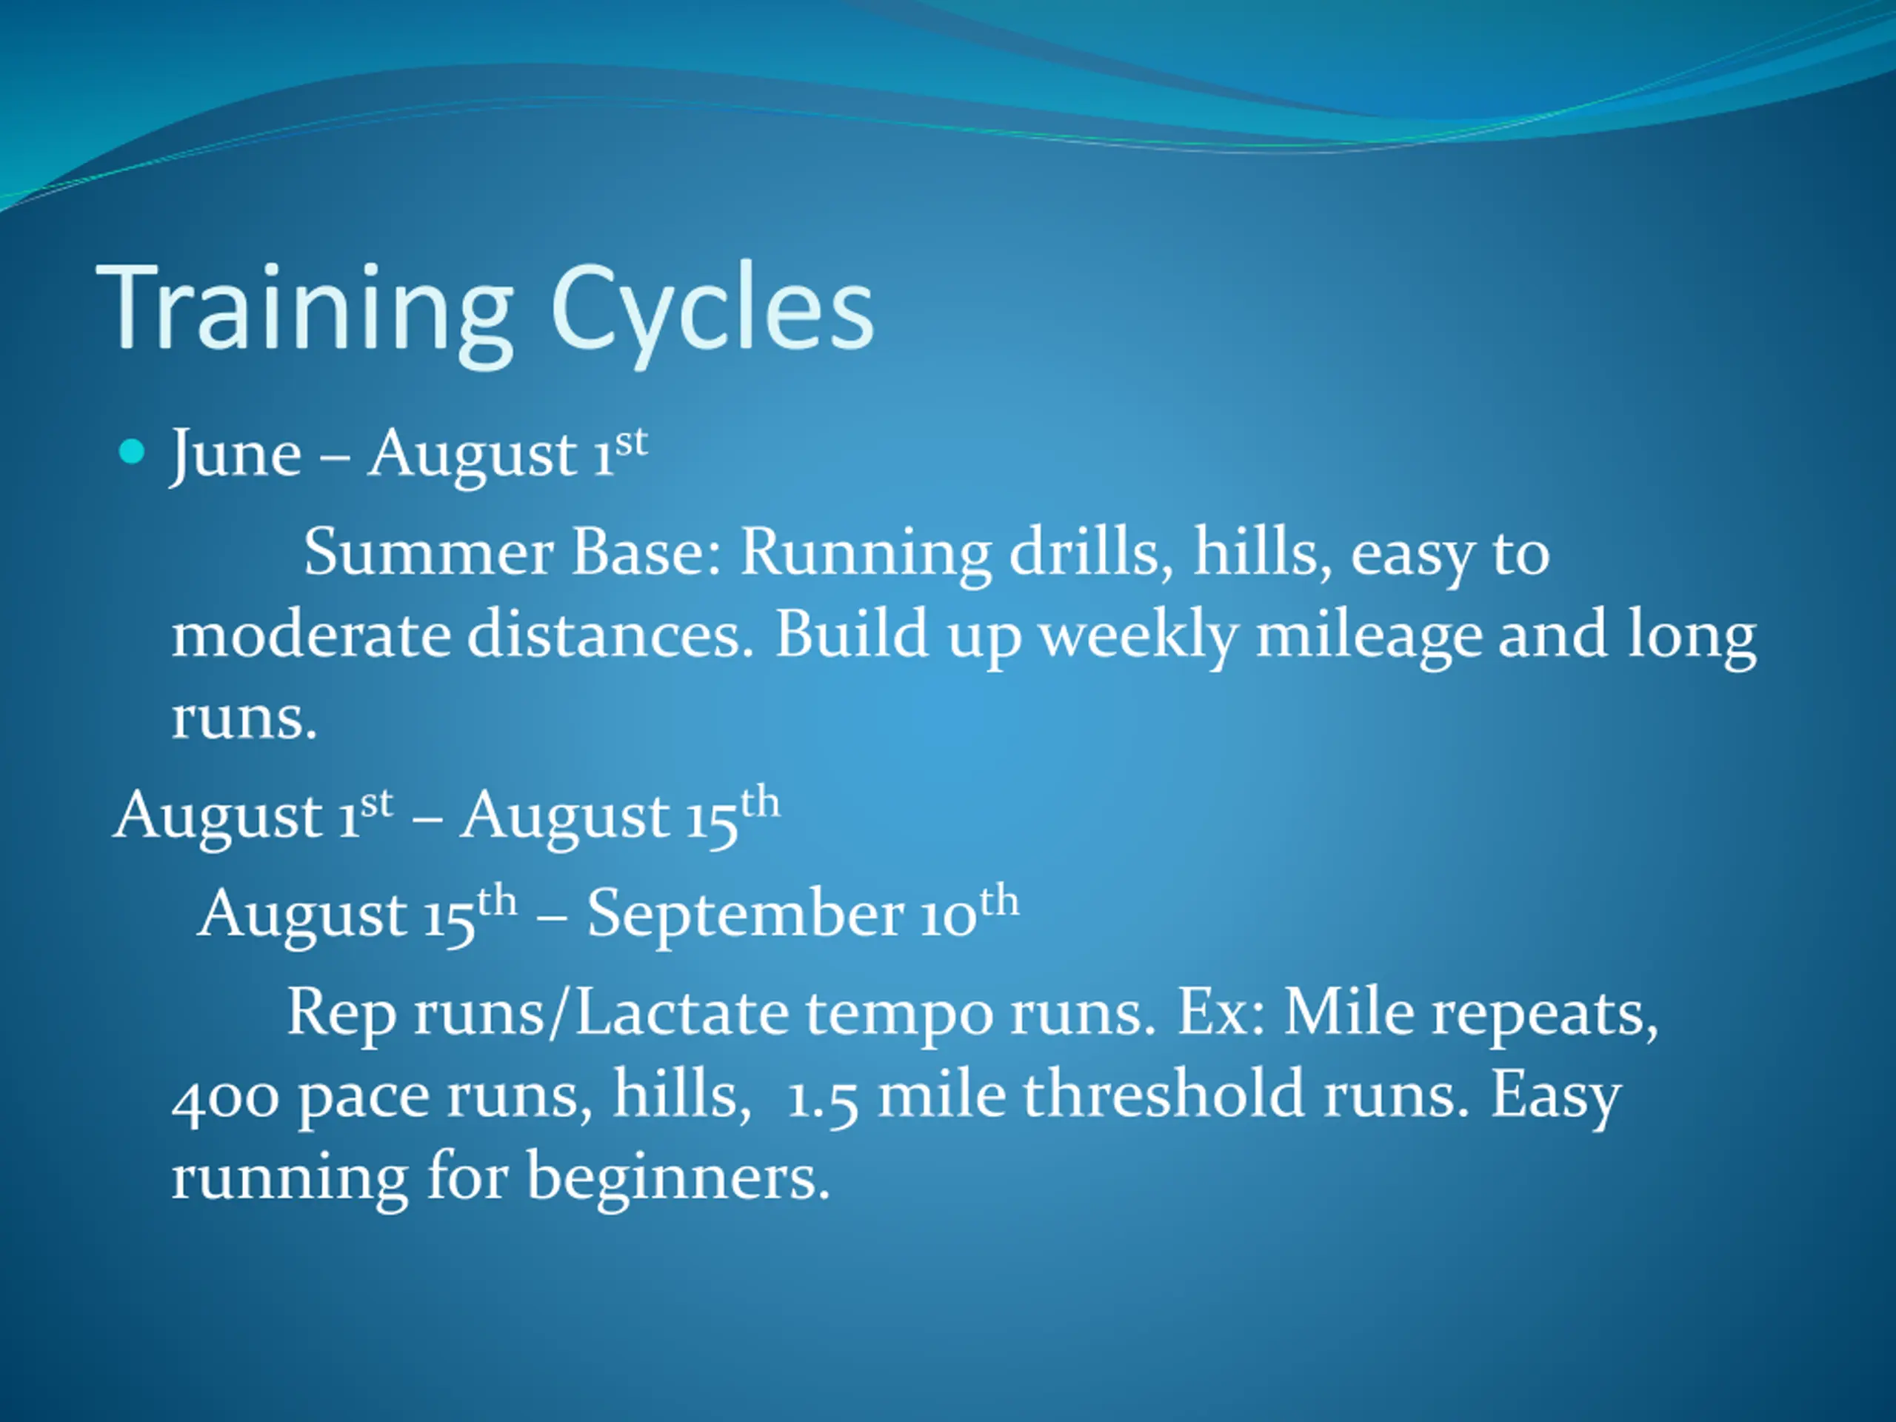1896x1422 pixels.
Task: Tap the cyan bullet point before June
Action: pyautogui.click(x=131, y=452)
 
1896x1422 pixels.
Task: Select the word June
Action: pyautogui.click(x=236, y=456)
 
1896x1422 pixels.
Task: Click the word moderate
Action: pyautogui.click(x=311, y=635)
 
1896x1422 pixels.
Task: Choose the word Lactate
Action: pyautogui.click(x=681, y=1012)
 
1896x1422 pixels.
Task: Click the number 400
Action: pyautogui.click(x=225, y=1099)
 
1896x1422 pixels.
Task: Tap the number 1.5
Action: pyautogui.click(x=822, y=1101)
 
